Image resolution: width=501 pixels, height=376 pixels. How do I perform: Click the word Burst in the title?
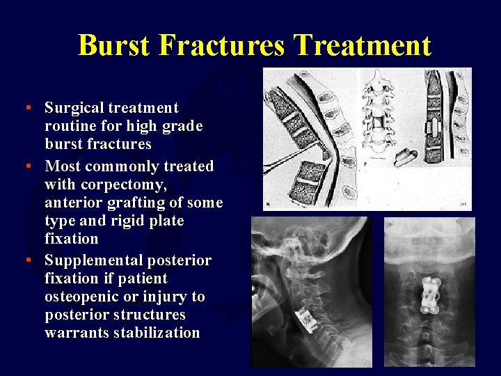tap(114, 46)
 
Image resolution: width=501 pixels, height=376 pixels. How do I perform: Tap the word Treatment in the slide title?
tap(363, 46)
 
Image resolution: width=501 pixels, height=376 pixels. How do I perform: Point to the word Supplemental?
tap(90, 260)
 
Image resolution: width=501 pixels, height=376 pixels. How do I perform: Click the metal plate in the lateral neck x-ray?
tap(306, 318)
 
